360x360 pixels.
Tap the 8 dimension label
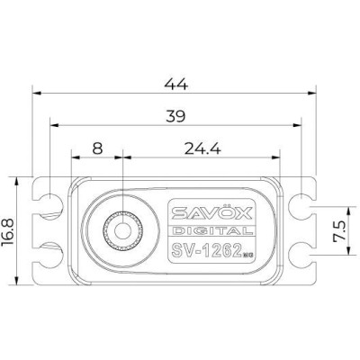tap(96, 147)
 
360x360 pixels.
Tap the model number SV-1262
tap(202, 249)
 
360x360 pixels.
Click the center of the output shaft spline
tap(119, 231)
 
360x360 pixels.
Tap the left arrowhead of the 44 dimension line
tap(37, 91)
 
